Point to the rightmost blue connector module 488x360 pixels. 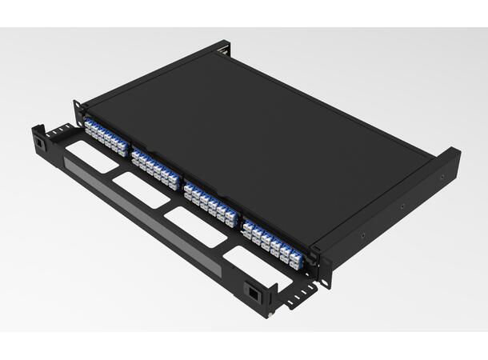(272, 238)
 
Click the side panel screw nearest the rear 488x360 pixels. (441, 178)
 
